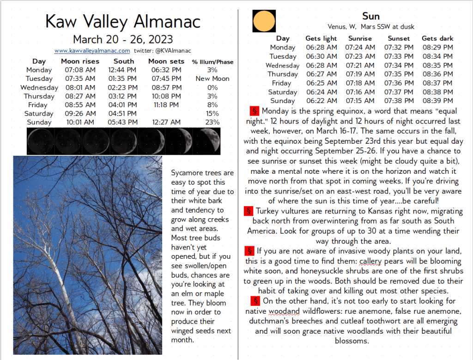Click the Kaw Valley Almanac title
(123, 21)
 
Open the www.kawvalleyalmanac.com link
(92, 51)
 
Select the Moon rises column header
(80, 61)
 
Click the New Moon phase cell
(212, 79)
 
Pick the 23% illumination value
(212, 122)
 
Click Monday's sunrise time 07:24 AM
(360, 47)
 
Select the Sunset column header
(399, 38)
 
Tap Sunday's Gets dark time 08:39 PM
(437, 101)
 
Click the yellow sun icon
(264, 21)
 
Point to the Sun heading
(371, 17)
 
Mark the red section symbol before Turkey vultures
(249, 211)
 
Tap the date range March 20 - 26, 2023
(123, 39)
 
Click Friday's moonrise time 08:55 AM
(80, 105)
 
